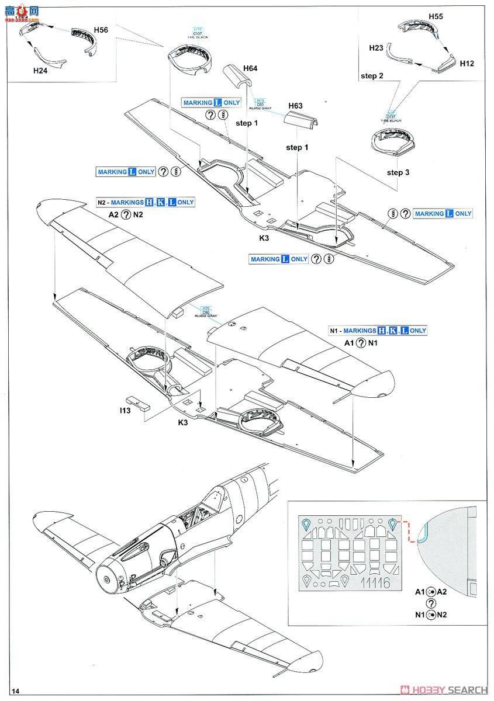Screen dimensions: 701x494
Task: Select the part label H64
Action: (249, 68)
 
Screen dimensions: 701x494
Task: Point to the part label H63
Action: (295, 106)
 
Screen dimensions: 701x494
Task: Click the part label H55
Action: (435, 17)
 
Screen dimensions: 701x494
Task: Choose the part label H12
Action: (467, 63)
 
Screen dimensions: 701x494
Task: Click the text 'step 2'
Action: (372, 76)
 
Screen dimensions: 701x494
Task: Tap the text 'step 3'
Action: (398, 172)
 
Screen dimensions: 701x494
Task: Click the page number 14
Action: (15, 691)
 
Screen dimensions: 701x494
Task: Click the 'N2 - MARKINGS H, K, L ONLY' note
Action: (146, 202)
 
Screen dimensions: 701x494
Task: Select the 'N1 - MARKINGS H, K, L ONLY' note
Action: (378, 331)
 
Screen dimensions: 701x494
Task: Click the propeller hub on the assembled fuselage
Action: (107, 578)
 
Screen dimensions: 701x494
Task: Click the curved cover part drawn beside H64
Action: (236, 78)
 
